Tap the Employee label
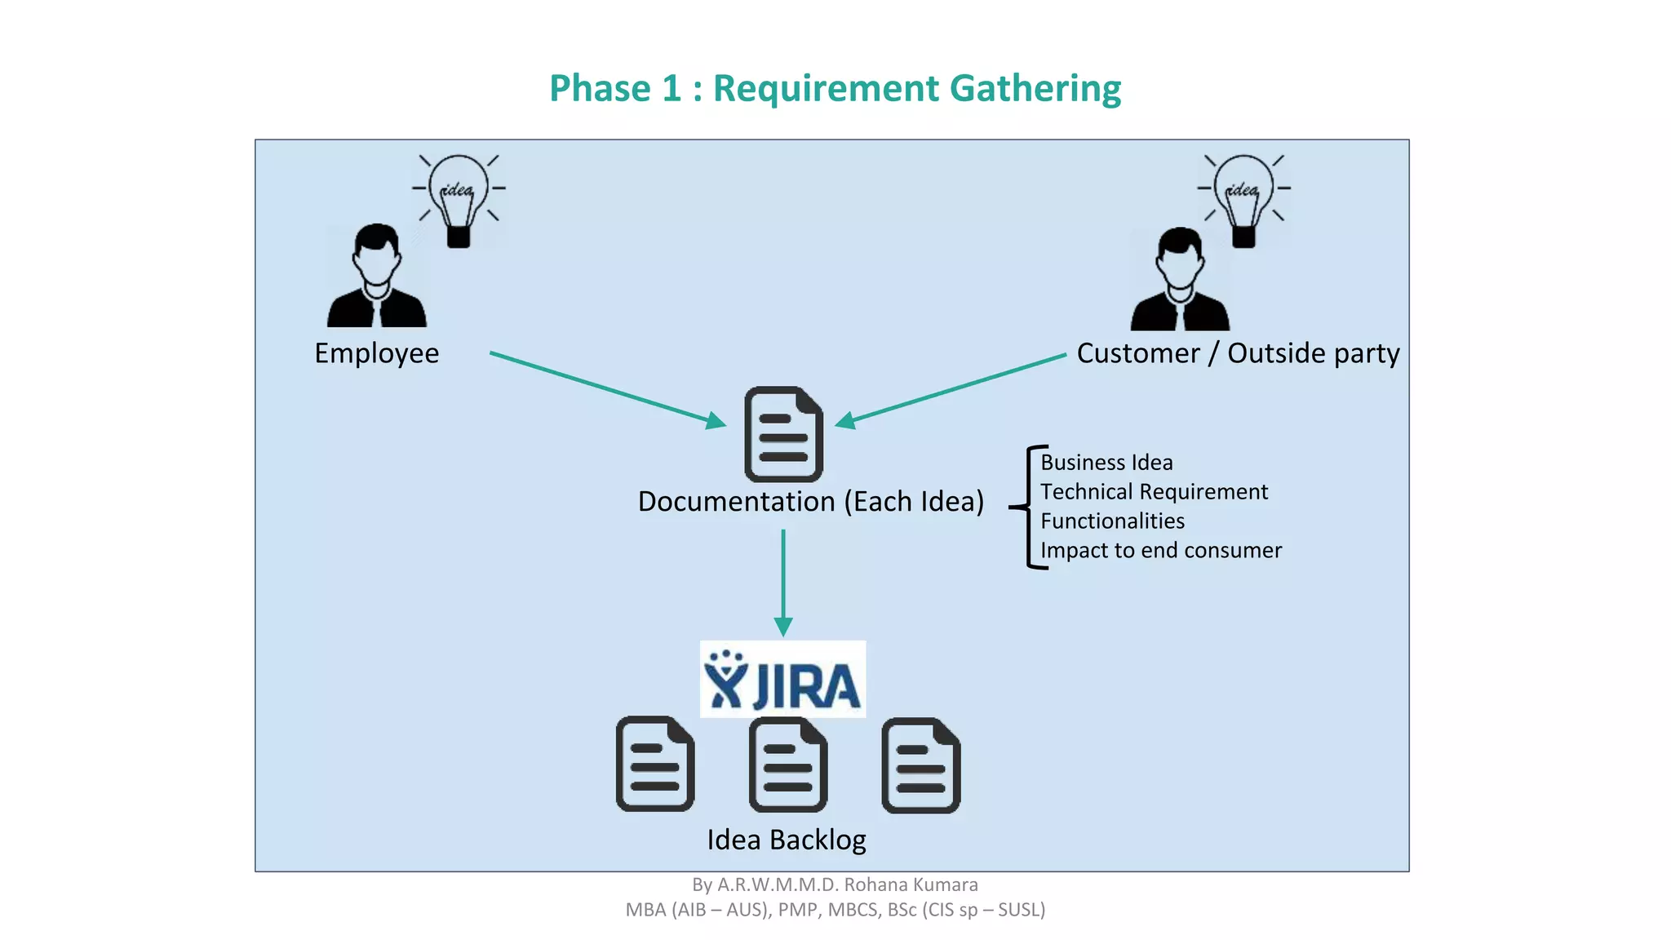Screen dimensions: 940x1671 [x=376, y=353]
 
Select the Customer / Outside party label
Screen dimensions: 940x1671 [x=1237, y=353]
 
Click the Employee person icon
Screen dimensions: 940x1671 [x=376, y=277]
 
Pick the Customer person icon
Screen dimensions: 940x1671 [x=1180, y=281]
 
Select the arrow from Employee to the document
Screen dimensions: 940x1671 [x=607, y=388]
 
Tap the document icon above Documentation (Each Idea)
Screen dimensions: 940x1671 [x=783, y=434]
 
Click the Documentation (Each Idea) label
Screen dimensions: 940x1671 [x=810, y=501]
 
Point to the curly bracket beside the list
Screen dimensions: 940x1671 [x=1028, y=507]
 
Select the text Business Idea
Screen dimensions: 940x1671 [x=1106, y=463]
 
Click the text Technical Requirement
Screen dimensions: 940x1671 [x=1153, y=492]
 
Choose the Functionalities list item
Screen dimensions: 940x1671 [x=1111, y=521]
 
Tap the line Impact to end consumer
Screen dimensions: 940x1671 [x=1160, y=551]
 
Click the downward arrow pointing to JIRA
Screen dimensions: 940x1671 [x=783, y=583]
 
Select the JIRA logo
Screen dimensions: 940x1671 [x=782, y=680]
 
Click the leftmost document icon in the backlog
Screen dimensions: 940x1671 [x=654, y=765]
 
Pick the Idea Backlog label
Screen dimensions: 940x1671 [x=786, y=840]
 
